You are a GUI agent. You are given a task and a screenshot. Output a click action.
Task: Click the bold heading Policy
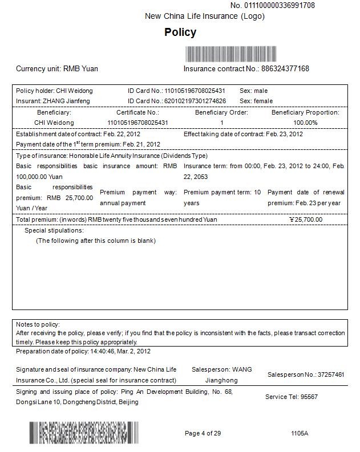pyautogui.click(x=180, y=32)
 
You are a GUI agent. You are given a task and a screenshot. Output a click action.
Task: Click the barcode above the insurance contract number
pyautogui.click(x=232, y=54)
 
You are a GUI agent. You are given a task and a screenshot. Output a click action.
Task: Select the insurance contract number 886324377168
pyautogui.click(x=285, y=69)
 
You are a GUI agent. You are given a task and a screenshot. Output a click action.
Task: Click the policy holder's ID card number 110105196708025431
pyautogui.click(x=195, y=91)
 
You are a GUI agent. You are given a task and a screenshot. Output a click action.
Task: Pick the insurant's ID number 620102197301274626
pyautogui.click(x=195, y=101)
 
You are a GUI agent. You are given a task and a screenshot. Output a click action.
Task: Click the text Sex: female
pyautogui.click(x=256, y=101)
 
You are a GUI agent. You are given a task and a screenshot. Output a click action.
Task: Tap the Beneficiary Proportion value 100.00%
pyautogui.click(x=305, y=123)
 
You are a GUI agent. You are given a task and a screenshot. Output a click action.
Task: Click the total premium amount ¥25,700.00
pyautogui.click(x=306, y=219)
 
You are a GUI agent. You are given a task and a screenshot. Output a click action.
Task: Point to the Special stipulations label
pyautogui.click(x=54, y=231)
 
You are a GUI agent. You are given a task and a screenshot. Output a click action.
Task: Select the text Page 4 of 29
pyautogui.click(x=203, y=434)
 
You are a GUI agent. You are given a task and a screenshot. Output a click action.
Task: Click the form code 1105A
pyautogui.click(x=300, y=434)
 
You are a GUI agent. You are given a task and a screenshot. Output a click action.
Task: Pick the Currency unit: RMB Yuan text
pyautogui.click(x=57, y=69)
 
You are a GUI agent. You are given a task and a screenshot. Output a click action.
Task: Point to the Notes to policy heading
pyautogui.click(x=37, y=324)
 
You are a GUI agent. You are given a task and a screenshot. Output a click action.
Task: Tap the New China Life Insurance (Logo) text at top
pyautogui.click(x=205, y=17)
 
